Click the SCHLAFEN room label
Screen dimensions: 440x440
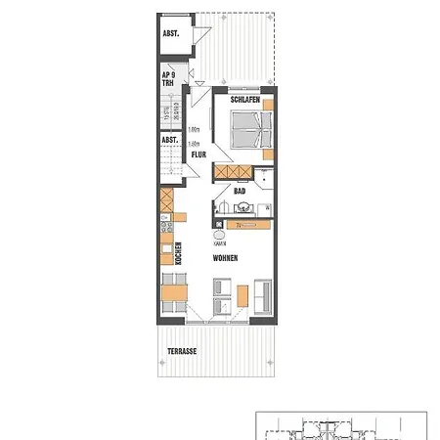coord(243,100)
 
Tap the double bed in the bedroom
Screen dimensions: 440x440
coord(245,129)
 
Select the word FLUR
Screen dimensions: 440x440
coord(198,154)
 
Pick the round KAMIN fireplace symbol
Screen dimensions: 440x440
coord(216,235)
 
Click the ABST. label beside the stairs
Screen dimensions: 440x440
coord(169,140)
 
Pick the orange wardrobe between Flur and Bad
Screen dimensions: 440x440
coord(232,172)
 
